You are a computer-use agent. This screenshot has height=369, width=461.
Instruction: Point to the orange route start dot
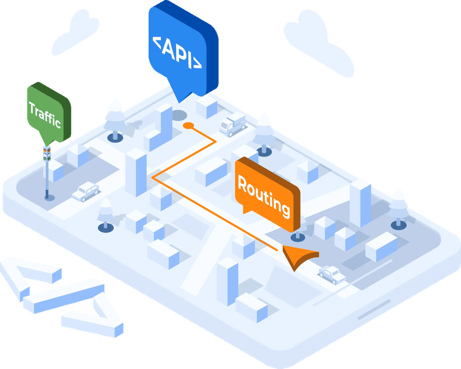pos(188,125)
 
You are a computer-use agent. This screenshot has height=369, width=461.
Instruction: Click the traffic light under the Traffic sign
pos(47,153)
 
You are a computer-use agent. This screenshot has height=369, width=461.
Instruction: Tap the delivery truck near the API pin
pos(233,124)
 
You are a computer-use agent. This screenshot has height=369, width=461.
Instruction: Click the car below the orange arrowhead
pos(332,274)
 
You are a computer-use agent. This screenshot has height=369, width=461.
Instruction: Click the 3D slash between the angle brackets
pos(63,295)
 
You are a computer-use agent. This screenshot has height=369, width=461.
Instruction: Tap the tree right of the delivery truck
pos(264,131)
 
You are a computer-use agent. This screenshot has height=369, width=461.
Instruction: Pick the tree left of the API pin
pos(115,117)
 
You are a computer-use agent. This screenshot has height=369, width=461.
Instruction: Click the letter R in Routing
pos(243,184)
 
